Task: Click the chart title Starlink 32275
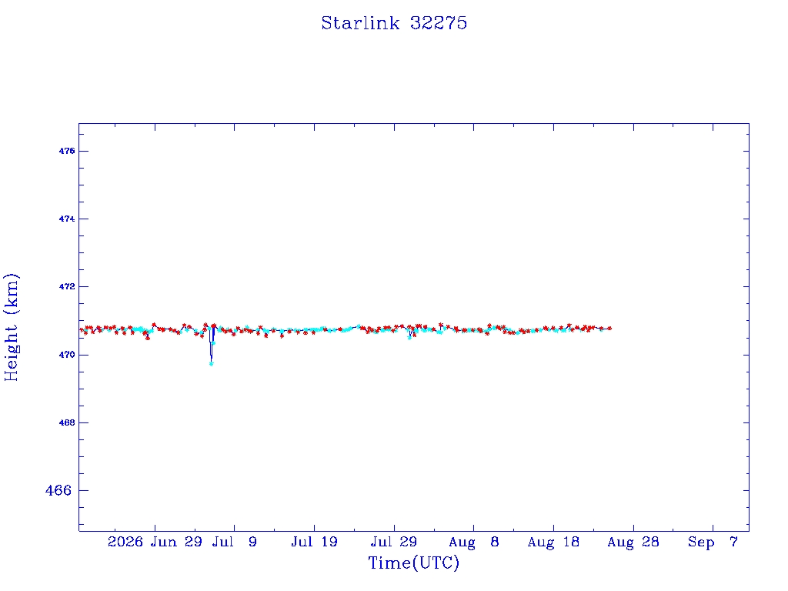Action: [394, 23]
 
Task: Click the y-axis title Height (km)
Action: [11, 327]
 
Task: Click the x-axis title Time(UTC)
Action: [413, 563]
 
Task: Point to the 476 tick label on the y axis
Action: [67, 151]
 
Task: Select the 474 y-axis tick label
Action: [67, 219]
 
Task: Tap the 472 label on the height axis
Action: [67, 286]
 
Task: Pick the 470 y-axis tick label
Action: [67, 355]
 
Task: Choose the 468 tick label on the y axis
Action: [67, 422]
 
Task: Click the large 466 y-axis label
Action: [58, 490]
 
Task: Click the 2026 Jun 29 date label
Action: [155, 542]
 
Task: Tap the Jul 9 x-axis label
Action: [234, 542]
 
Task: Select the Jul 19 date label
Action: [314, 542]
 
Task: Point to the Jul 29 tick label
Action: [394, 542]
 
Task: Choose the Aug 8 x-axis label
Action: [473, 542]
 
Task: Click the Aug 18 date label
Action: [553, 542]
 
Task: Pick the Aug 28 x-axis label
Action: [633, 542]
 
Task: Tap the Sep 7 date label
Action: [713, 542]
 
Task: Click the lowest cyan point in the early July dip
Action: [211, 364]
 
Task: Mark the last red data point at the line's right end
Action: [609, 328]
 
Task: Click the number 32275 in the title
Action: [439, 23]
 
